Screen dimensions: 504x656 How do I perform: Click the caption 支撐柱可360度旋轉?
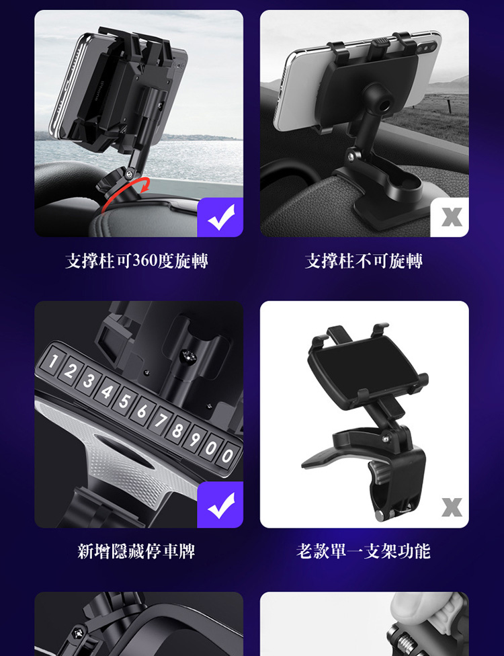pyautogui.click(x=137, y=261)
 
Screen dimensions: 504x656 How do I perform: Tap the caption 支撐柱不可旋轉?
pyautogui.click(x=364, y=261)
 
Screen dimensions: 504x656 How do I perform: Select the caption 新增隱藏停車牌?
pyautogui.click(x=137, y=551)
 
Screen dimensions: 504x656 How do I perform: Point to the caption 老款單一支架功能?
pyautogui.click(x=364, y=551)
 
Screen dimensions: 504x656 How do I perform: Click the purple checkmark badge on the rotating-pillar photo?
pyautogui.click(x=220, y=217)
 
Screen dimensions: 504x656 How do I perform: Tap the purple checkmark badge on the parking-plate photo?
pyautogui.click(x=220, y=505)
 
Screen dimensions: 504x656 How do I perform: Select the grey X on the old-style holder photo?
pyautogui.click(x=452, y=507)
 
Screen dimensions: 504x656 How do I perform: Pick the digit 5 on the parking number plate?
pyautogui.click(x=124, y=401)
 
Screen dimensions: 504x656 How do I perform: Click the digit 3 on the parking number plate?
pyautogui.click(x=88, y=381)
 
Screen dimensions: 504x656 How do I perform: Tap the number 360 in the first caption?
pyautogui.click(x=145, y=261)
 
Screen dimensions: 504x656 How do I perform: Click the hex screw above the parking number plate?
pyautogui.click(x=187, y=356)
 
